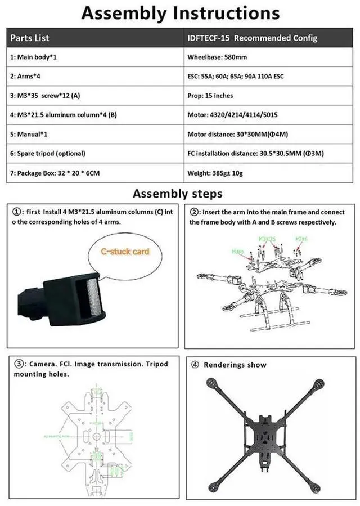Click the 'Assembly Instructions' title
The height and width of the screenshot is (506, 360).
point(180,14)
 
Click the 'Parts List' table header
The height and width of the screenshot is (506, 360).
point(30,38)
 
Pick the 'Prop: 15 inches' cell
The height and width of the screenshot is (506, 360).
point(210,96)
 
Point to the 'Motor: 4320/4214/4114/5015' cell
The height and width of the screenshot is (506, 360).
point(232,115)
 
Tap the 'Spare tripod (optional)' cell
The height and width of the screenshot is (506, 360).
point(47,153)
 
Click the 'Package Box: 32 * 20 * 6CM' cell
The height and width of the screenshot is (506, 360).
point(55,172)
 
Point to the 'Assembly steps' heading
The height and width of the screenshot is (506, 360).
point(177,194)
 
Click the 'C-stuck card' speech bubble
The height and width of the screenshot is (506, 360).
point(125,252)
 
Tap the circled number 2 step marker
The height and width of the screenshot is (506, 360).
point(194,212)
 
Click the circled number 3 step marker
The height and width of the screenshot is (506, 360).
point(18,364)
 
